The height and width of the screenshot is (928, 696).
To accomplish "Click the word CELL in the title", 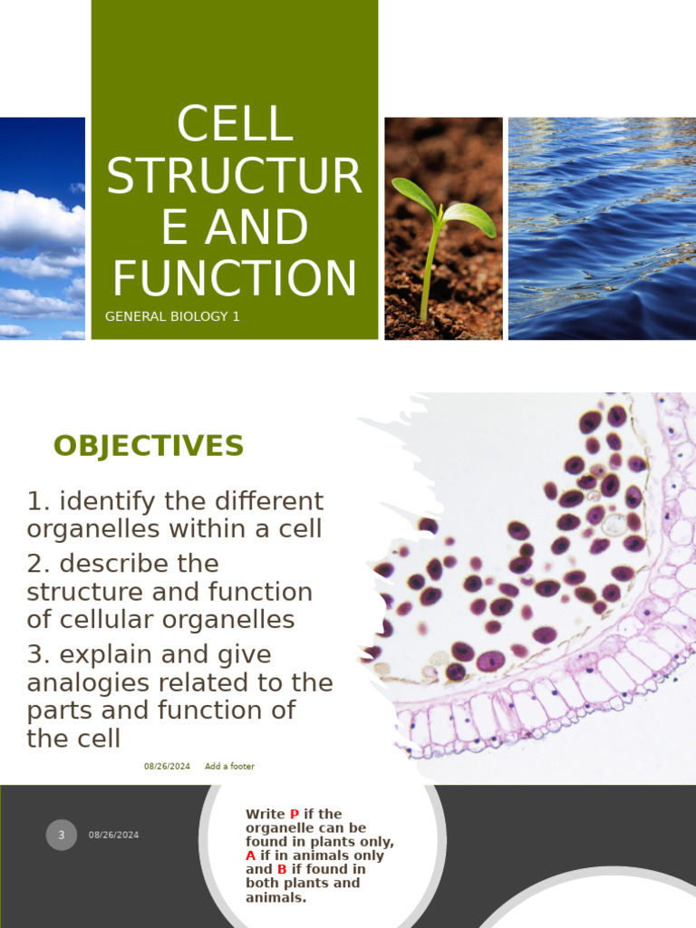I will [235, 124].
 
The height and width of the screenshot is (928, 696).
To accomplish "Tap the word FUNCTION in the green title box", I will [235, 278].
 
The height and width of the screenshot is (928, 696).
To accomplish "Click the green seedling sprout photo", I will [443, 228].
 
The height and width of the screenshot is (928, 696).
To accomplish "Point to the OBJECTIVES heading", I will [149, 446].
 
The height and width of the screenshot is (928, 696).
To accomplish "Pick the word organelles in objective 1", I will [101, 528].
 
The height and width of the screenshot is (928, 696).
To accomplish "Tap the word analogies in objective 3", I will [86, 682].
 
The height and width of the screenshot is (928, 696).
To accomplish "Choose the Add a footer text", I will [229, 767].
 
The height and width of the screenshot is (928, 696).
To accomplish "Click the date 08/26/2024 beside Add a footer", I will [167, 767].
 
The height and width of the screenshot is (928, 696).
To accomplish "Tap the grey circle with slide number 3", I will [62, 835].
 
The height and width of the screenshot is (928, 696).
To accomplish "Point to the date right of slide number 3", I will [114, 835].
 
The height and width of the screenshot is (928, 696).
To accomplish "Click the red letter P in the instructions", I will [294, 815].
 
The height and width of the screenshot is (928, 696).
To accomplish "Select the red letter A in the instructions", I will [251, 855].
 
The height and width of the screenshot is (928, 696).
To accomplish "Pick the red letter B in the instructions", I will [282, 870].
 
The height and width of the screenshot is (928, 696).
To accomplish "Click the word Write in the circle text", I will [265, 815].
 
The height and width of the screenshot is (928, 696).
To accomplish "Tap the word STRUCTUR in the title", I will [235, 176].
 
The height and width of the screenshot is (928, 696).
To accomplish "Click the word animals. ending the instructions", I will [275, 898].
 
